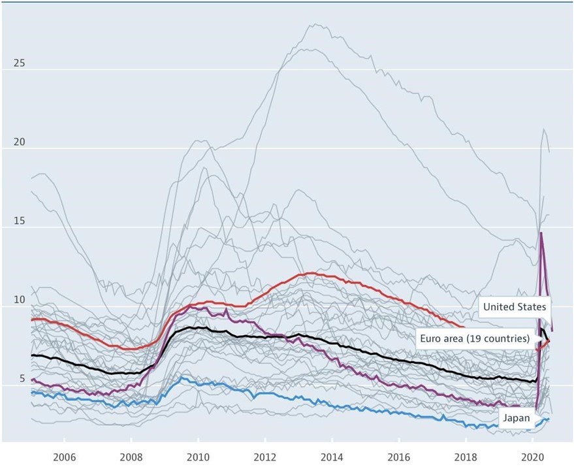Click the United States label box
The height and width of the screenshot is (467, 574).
[x=515, y=306]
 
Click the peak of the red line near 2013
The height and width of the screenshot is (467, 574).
[x=311, y=273]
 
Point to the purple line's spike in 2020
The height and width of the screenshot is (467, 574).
[x=541, y=233]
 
